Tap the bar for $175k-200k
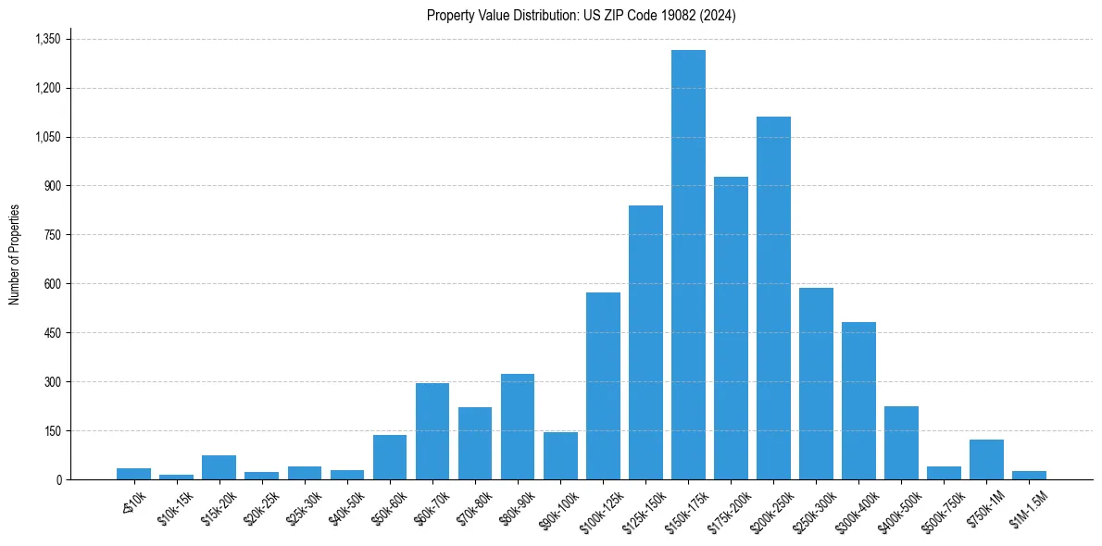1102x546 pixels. [x=731, y=328]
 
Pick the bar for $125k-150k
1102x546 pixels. [x=645, y=342]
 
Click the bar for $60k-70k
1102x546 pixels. [x=432, y=431]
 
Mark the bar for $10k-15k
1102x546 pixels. [x=176, y=477]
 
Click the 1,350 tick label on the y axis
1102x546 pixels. [x=47, y=40]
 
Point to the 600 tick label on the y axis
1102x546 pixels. [x=52, y=284]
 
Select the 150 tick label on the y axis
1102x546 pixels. [x=52, y=431]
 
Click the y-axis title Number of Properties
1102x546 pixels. [x=15, y=254]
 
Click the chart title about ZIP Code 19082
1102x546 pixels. [x=581, y=16]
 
